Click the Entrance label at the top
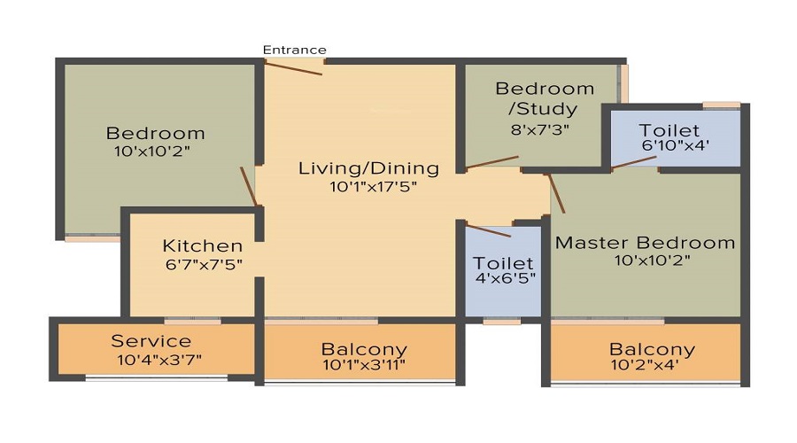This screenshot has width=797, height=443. click(295, 50)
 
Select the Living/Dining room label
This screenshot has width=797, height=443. click(368, 167)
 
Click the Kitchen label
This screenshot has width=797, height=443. click(202, 245)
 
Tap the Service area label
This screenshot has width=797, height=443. click(151, 341)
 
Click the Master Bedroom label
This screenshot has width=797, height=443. click(645, 242)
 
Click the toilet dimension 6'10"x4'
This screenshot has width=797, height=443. click(676, 145)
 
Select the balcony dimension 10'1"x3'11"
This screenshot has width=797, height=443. click(363, 365)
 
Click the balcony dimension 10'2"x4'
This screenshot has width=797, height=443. click(652, 365)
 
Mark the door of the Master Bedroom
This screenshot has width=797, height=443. click(556, 193)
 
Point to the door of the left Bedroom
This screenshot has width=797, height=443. click(249, 187)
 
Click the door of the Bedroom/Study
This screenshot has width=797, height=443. click(492, 162)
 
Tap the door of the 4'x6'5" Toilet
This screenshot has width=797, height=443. click(488, 231)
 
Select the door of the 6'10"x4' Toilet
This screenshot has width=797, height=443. click(634, 162)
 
